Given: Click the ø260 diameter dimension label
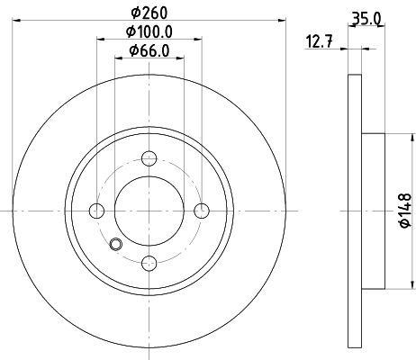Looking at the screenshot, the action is tap(149, 13).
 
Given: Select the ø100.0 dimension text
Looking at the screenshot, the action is tap(149, 31).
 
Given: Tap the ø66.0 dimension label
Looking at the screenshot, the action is tap(149, 50).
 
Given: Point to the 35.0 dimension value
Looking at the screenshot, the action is tap(366, 19).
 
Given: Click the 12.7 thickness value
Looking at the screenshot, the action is tap(319, 41).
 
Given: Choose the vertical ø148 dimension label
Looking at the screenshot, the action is tap(405, 211).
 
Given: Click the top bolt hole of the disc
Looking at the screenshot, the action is tap(149, 158).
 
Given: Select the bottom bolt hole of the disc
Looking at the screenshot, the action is tap(149, 263).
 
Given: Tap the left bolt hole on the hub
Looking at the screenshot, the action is tap(96, 211).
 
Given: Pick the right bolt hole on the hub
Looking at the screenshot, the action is tap(202, 211).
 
